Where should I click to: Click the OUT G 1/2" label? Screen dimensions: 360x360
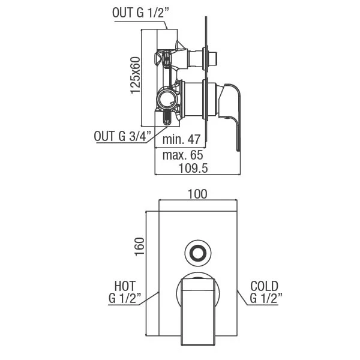(140, 13)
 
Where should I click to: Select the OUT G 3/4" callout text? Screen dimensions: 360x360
(123, 136)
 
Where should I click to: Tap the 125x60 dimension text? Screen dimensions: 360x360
(136, 76)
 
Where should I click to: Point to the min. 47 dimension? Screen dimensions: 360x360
(181, 139)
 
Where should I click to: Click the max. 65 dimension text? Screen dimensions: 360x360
(183, 155)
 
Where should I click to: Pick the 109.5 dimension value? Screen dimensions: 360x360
(193, 168)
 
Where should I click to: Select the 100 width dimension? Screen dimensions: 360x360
(197, 194)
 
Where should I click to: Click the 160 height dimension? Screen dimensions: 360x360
(139, 247)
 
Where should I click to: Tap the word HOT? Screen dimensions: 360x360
(125, 286)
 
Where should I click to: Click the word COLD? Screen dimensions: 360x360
(264, 286)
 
